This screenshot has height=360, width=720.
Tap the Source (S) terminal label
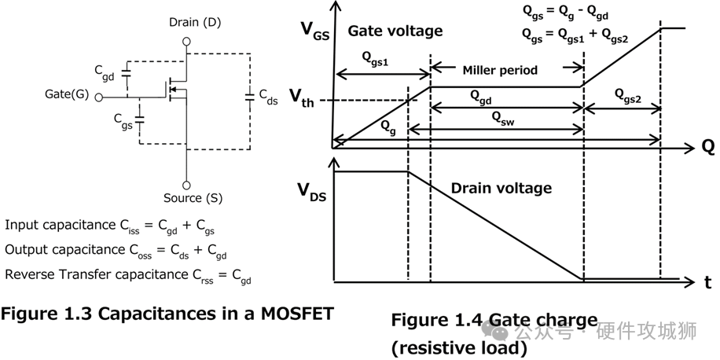click(x=188, y=197)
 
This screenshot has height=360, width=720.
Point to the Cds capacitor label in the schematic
click(x=268, y=95)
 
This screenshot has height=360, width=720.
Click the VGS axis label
click(x=314, y=31)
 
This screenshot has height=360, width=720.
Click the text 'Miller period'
click(x=500, y=70)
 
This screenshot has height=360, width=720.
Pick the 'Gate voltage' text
click(x=395, y=31)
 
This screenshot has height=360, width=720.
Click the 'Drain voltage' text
click(x=501, y=188)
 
